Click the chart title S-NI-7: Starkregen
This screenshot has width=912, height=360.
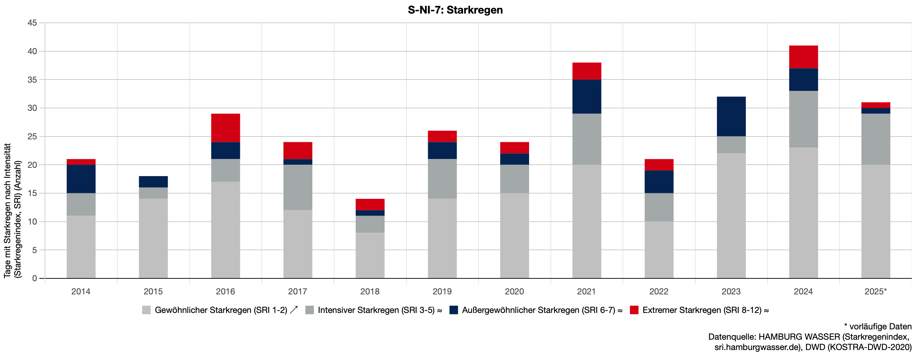tap(455, 10)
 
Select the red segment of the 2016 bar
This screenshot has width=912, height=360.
tap(225, 128)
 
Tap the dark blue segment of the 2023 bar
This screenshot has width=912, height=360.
tap(731, 116)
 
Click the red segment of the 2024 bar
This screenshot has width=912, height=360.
tap(803, 57)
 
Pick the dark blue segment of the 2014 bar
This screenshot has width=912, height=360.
tap(81, 179)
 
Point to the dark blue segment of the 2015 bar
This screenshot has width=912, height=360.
tap(153, 181)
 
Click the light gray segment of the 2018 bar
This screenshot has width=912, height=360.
tap(370, 255)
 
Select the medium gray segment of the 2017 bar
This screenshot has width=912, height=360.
tap(298, 187)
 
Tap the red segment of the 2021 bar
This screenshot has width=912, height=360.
tap(586, 71)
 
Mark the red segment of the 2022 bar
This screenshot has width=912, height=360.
tap(659, 165)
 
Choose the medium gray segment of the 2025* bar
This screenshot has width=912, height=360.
tap(876, 139)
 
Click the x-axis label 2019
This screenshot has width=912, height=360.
tap(442, 292)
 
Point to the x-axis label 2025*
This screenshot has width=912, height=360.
tap(875, 292)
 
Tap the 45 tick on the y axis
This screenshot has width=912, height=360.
tap(32, 23)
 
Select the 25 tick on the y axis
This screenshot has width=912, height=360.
tap(32, 137)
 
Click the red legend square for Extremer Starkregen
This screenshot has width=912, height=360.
tap(634, 310)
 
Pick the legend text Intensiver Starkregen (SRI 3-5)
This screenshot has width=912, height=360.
tap(376, 310)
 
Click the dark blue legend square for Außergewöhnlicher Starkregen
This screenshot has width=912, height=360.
tap(454, 310)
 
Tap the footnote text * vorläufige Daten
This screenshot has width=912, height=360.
tap(877, 326)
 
